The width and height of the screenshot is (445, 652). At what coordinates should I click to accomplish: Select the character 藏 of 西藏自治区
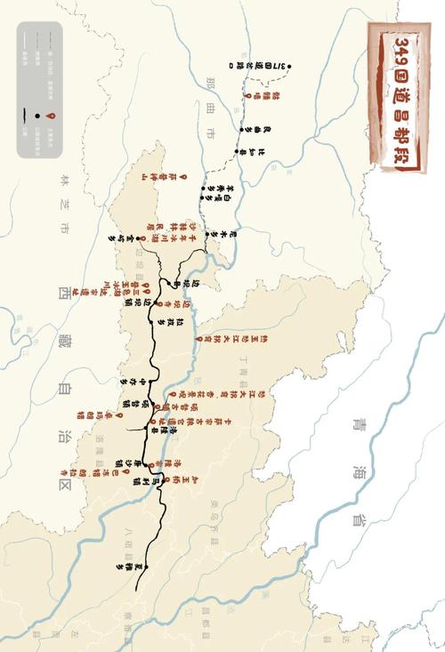click(x=62, y=340)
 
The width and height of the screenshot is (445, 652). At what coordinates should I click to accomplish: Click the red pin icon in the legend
click(x=54, y=117)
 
